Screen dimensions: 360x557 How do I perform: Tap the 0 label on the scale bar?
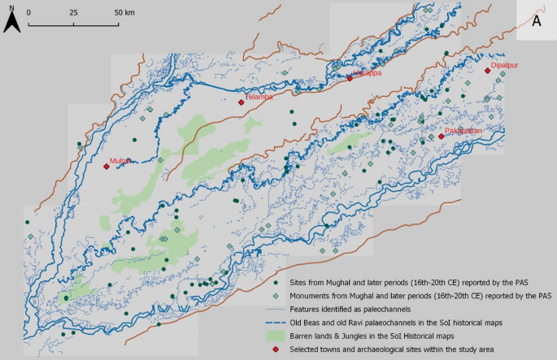pyautogui.click(x=28, y=13)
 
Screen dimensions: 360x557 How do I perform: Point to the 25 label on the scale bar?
pyautogui.click(x=73, y=13)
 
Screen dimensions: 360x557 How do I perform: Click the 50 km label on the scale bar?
pyautogui.click(x=124, y=13)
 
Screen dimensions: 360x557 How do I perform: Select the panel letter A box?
pyautogui.click(x=537, y=21)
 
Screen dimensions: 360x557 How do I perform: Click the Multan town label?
pyautogui.click(x=120, y=161)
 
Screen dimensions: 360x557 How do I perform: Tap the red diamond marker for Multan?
pyautogui.click(x=106, y=167)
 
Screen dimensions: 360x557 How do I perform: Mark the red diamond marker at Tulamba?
pyautogui.click(x=241, y=102)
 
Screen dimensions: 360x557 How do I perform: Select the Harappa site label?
pyautogui.click(x=367, y=72)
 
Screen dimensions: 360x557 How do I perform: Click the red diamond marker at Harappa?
pyautogui.click(x=350, y=79)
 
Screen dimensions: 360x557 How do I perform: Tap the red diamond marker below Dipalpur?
pyautogui.click(x=487, y=71)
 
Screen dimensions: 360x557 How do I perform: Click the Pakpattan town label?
pyautogui.click(x=464, y=130)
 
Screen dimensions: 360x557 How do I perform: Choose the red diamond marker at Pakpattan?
pyautogui.click(x=441, y=137)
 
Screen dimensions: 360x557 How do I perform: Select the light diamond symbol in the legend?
pyautogui.click(x=276, y=294)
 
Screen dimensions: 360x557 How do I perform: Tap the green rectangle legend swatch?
pyautogui.click(x=276, y=335)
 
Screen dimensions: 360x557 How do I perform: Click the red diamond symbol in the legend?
pyautogui.click(x=276, y=349)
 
